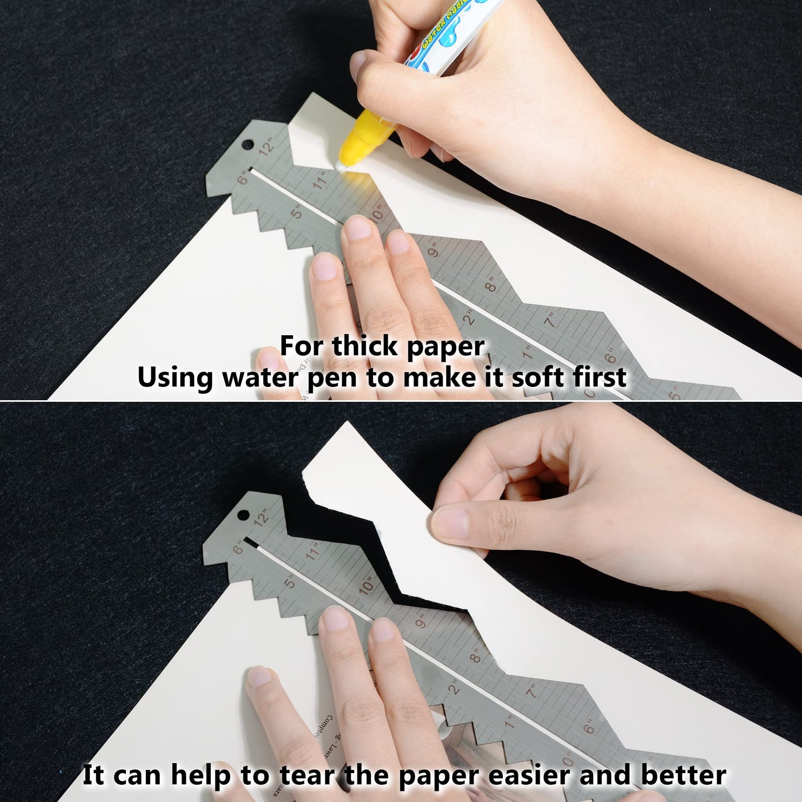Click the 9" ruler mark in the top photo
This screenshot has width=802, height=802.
coord(433,250)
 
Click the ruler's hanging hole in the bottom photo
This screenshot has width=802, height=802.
coord(243,515)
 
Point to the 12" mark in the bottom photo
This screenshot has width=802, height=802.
coord(263,517)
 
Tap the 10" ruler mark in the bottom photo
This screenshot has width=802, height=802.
coord(367,586)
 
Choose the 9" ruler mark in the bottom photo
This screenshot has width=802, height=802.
coord(421,622)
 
